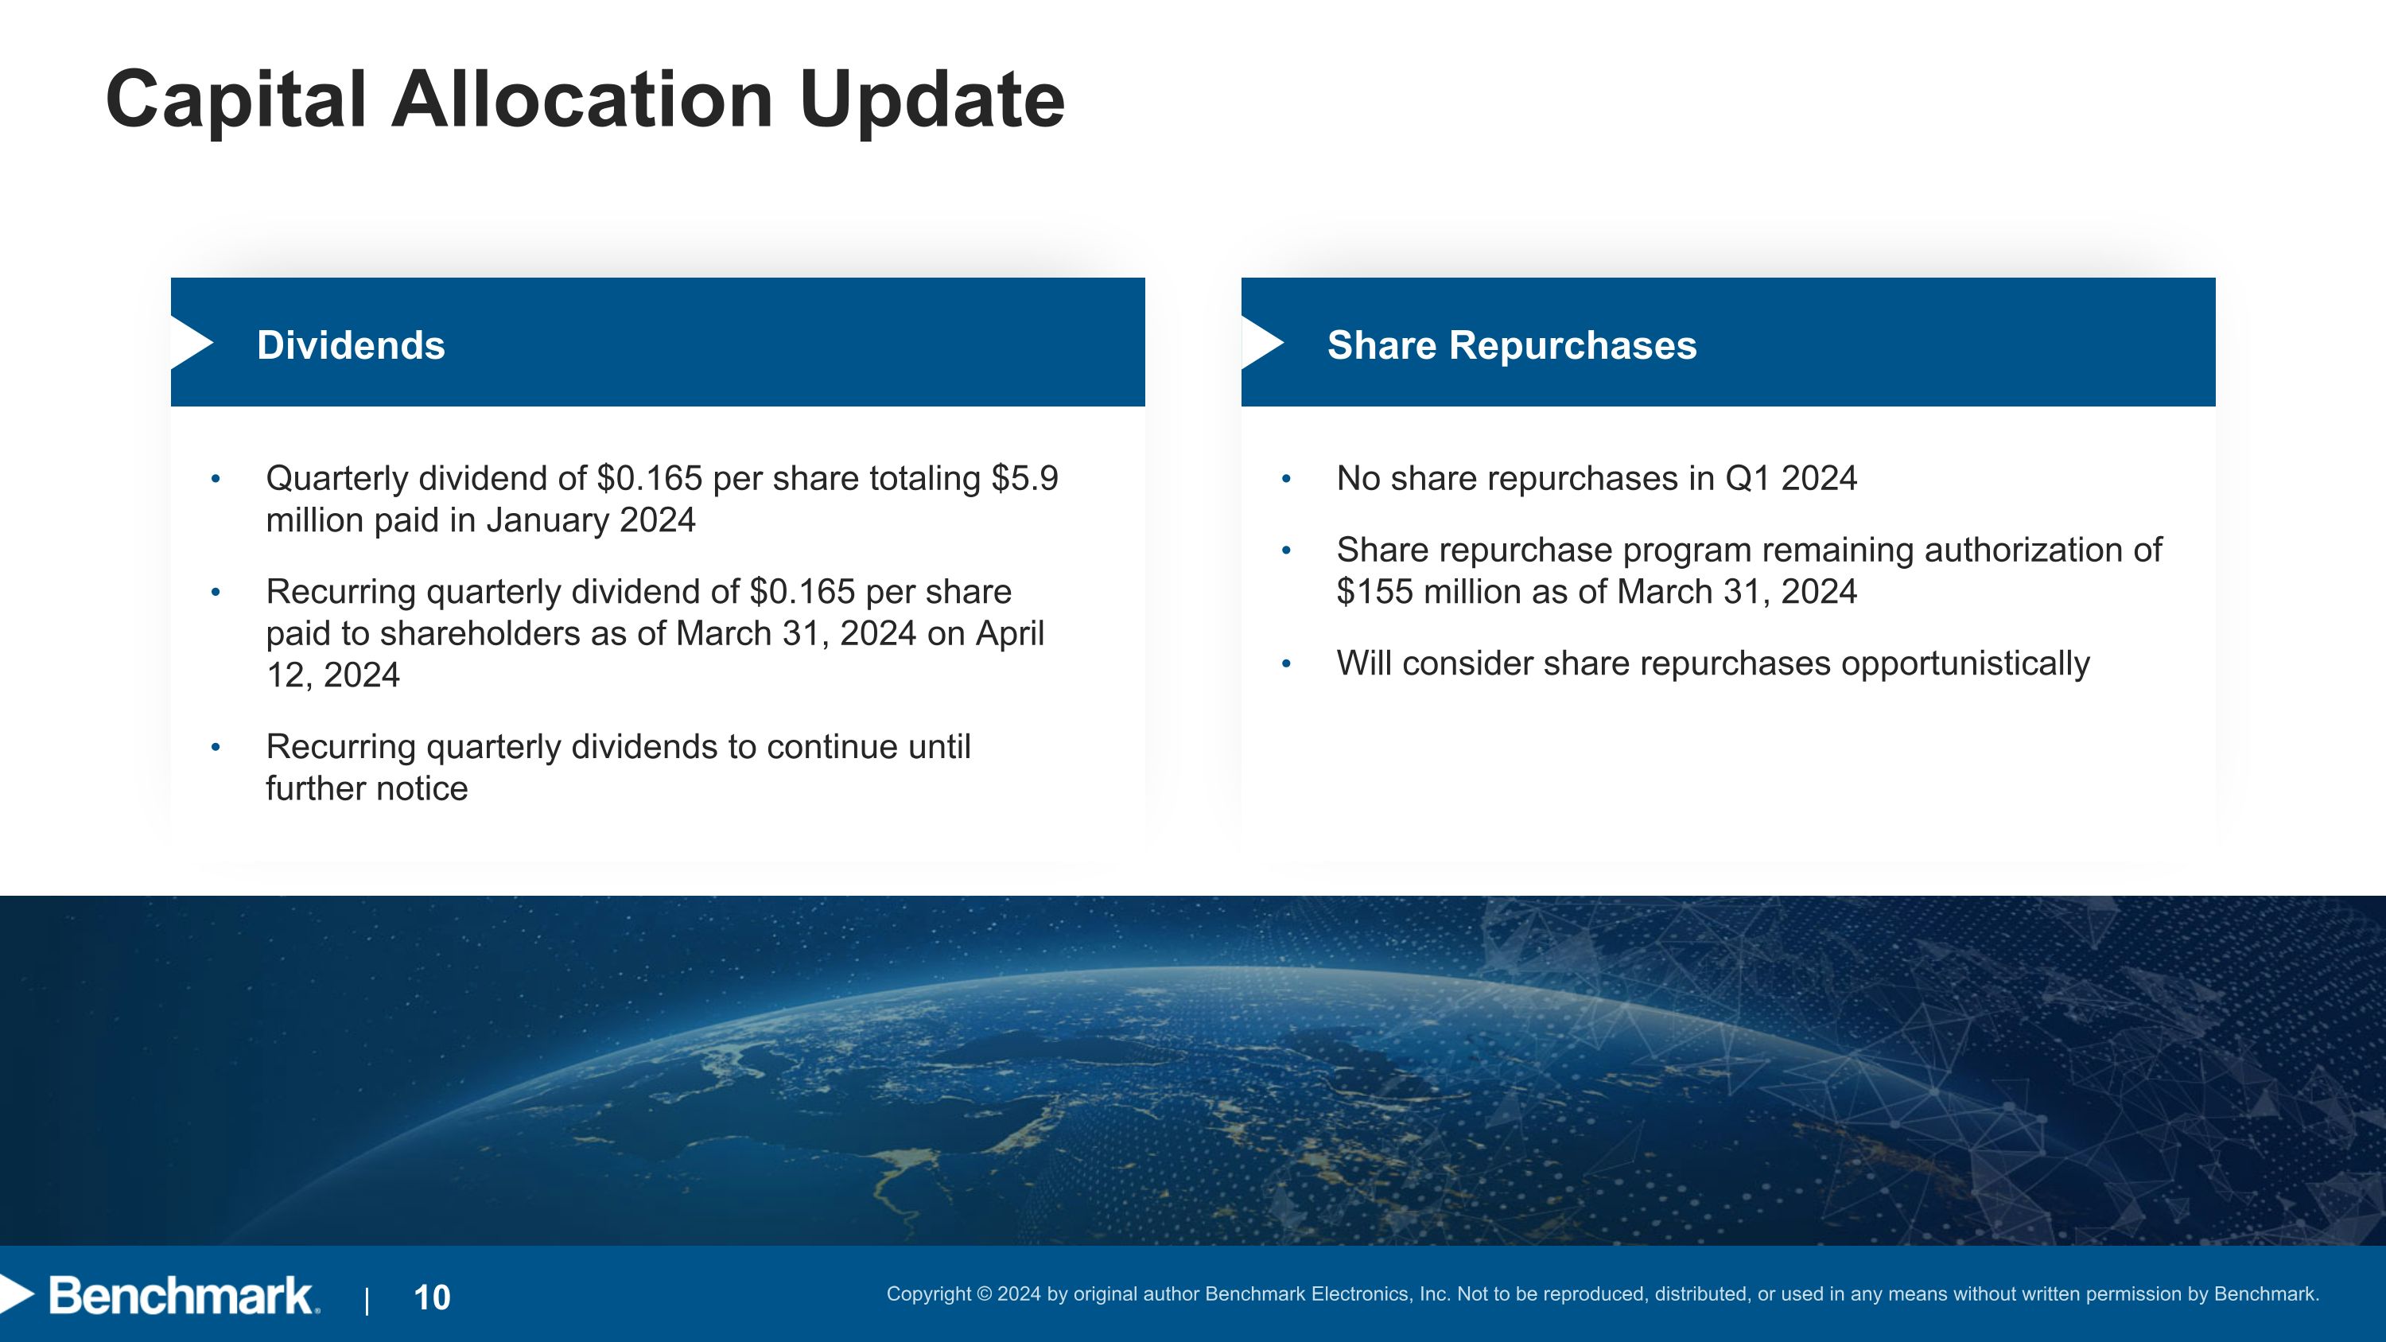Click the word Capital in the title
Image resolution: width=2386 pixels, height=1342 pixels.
click(x=236, y=100)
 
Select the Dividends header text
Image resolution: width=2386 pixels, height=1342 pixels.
click(x=350, y=345)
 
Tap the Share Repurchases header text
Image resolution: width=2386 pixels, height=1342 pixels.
click(x=1512, y=345)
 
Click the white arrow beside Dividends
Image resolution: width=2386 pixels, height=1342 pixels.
click(x=191, y=344)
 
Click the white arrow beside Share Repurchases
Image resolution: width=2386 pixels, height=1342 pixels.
click(x=1261, y=344)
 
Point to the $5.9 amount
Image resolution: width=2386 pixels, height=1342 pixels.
click(x=1024, y=479)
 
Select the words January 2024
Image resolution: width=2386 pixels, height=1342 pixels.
click(x=590, y=520)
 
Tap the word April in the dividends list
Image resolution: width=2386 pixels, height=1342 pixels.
click(x=1008, y=633)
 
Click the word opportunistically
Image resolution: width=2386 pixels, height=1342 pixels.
click(x=1964, y=664)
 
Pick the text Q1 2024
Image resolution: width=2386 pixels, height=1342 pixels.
click(x=1790, y=479)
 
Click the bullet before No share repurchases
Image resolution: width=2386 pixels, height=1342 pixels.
click(x=1285, y=480)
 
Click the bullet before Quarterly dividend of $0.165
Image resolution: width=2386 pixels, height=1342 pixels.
click(x=216, y=480)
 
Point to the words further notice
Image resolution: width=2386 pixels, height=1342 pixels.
click(x=367, y=789)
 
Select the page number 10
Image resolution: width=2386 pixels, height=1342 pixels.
click(x=432, y=1297)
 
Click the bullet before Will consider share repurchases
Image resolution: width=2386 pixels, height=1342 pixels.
click(x=1285, y=664)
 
